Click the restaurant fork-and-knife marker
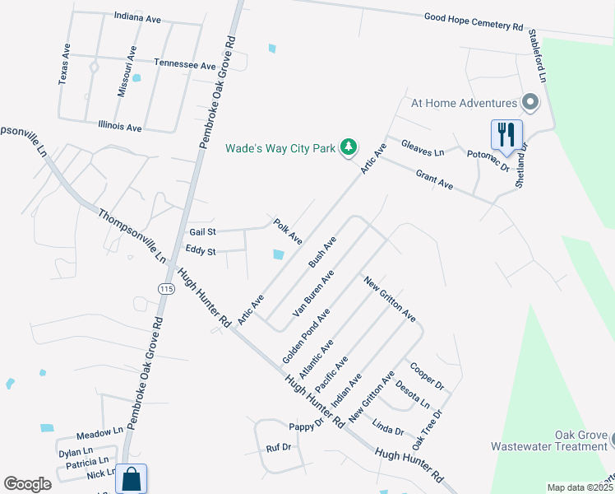[x=506, y=135]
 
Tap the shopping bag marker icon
[x=131, y=478]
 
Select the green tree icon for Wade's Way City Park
[x=349, y=147]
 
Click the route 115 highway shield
[x=167, y=288]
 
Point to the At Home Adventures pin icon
[x=530, y=103]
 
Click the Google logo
[x=27, y=484]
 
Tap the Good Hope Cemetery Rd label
[x=474, y=21]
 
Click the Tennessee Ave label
[x=184, y=64]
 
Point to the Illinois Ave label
[x=120, y=128]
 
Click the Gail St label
[x=202, y=233]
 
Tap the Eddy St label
[x=201, y=251]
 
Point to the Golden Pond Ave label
[x=306, y=336]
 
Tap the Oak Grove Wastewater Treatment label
[x=549, y=441]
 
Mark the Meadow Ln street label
[x=99, y=432]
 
